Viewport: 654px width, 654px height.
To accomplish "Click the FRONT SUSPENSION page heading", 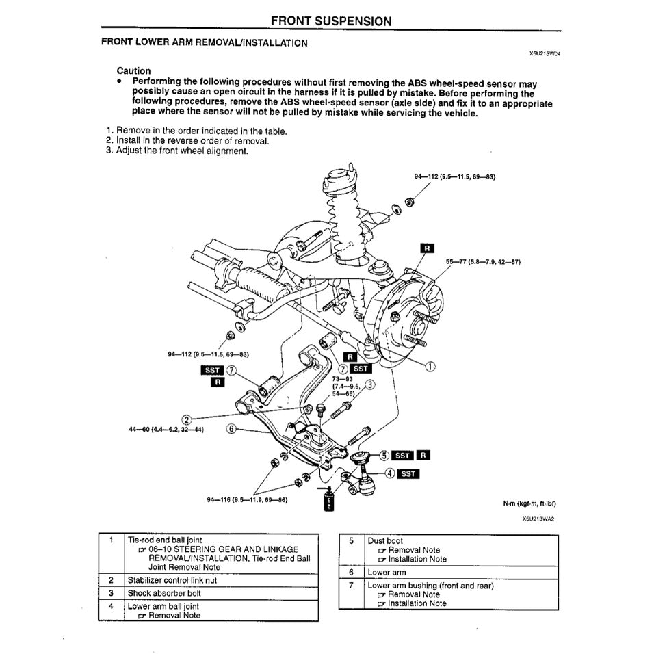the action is (x=331, y=21).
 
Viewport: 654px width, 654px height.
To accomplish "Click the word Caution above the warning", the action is (x=133, y=70).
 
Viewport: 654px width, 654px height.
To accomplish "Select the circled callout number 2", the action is (x=186, y=419).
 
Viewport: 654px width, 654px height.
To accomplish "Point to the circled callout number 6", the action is (x=231, y=429).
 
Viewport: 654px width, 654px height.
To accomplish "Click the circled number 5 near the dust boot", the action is (x=384, y=455).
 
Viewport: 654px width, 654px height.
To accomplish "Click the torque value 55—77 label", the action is (x=484, y=261).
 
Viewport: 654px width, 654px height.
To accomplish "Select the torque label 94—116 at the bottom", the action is (x=246, y=499).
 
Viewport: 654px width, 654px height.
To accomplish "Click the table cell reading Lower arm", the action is (x=387, y=572).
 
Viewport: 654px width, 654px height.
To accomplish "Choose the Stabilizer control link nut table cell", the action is (x=172, y=580).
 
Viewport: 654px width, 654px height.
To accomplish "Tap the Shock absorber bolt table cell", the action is (x=163, y=593).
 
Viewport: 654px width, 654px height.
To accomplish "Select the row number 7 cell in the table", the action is (x=351, y=586).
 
